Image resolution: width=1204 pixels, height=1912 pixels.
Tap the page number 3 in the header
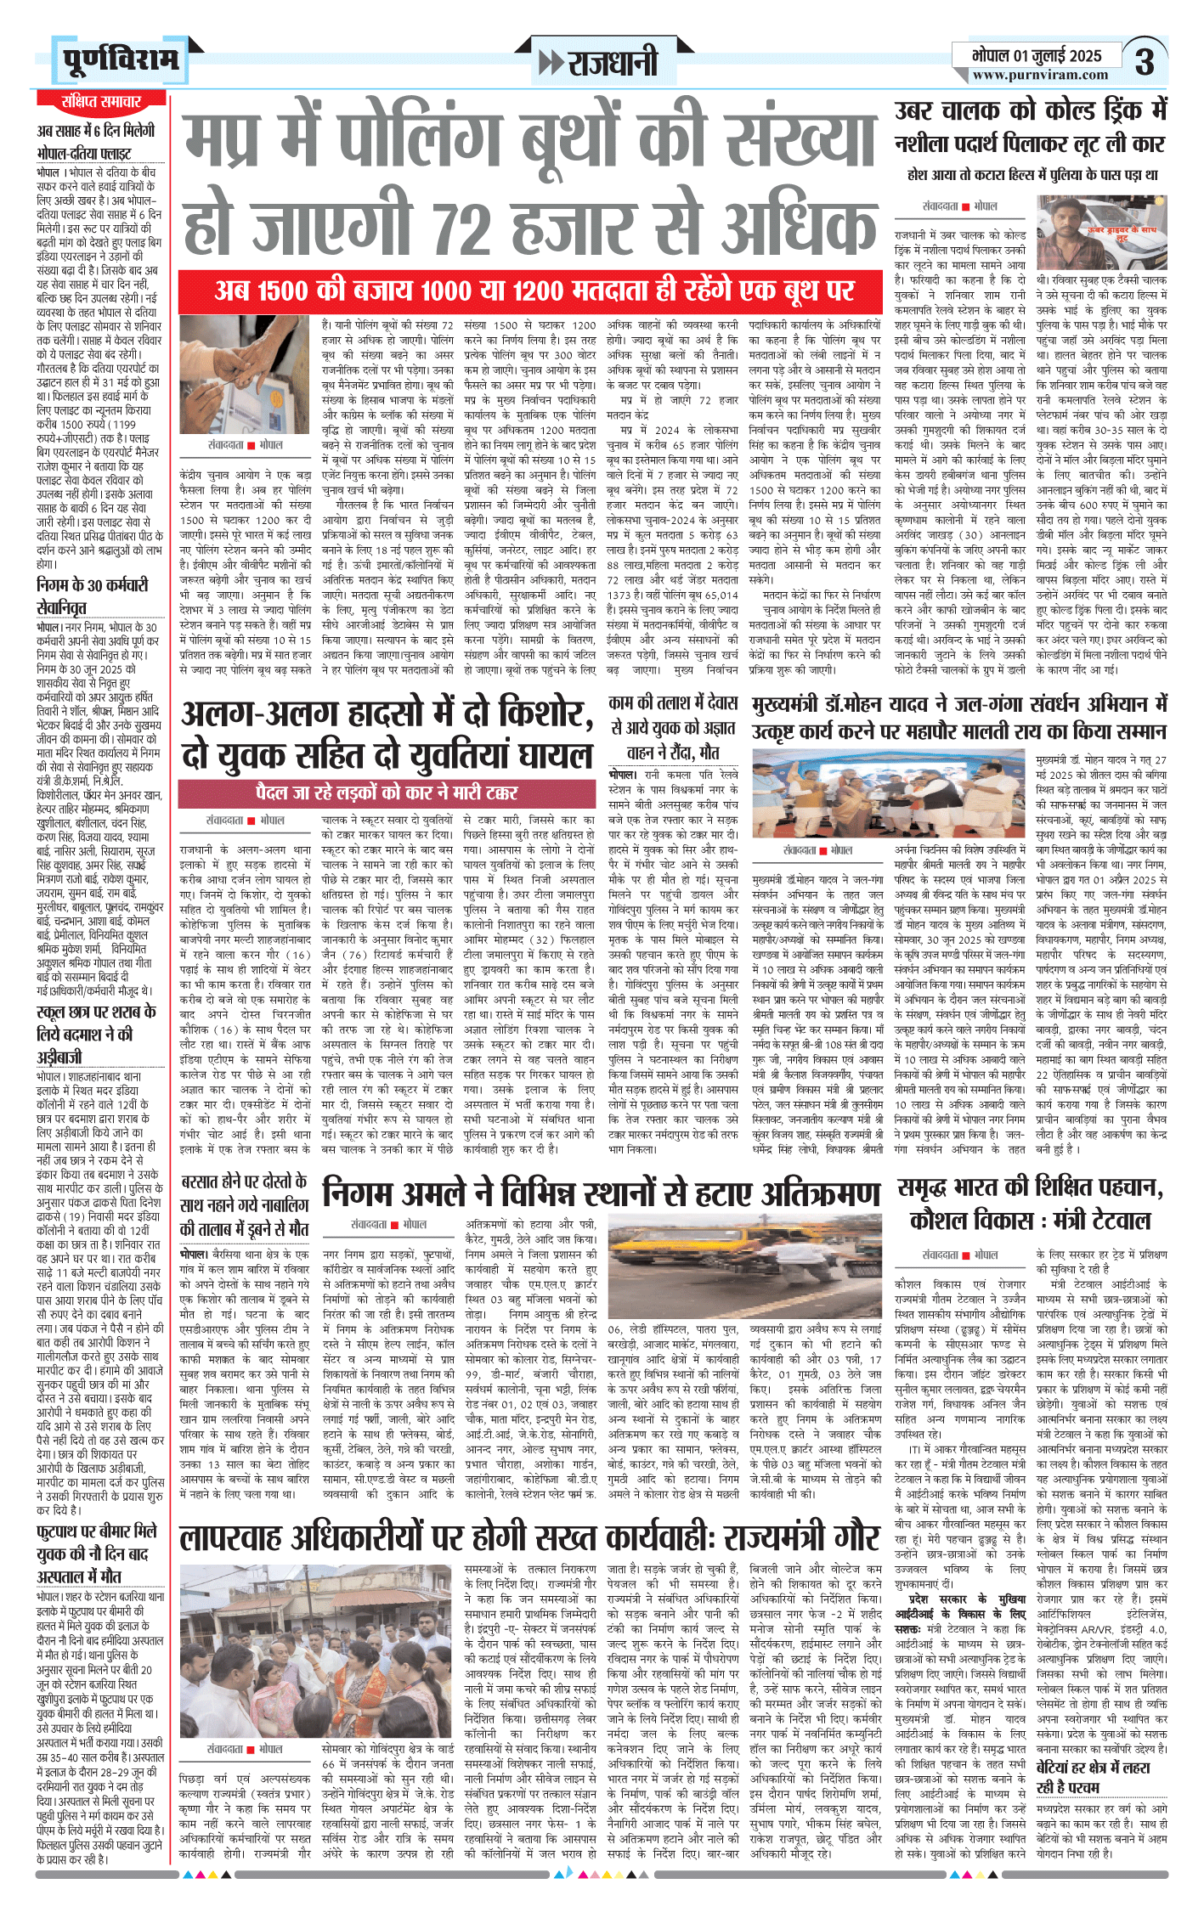1145,62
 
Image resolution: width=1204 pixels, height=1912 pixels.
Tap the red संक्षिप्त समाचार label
100,101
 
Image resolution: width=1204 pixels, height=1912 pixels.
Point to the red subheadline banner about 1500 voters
530,290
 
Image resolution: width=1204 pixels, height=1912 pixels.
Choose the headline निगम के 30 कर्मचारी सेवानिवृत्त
93,595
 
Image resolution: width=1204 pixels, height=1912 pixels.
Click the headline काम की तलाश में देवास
673,702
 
